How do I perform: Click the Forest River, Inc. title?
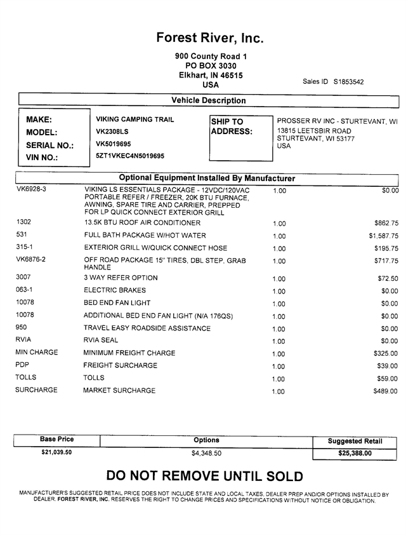(210, 39)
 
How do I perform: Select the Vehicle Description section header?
(209, 100)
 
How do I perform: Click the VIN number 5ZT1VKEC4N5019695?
(130, 156)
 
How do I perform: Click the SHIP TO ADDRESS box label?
(232, 126)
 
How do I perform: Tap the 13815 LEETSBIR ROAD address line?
(315, 130)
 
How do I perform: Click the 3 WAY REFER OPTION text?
(121, 278)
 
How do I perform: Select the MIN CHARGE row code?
(36, 352)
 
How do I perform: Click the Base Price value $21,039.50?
(56, 452)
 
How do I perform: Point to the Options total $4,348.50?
(206, 453)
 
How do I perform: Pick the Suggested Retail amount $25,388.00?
(355, 453)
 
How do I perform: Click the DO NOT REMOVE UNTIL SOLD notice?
(204, 476)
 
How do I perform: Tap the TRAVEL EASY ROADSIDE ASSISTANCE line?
(147, 328)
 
